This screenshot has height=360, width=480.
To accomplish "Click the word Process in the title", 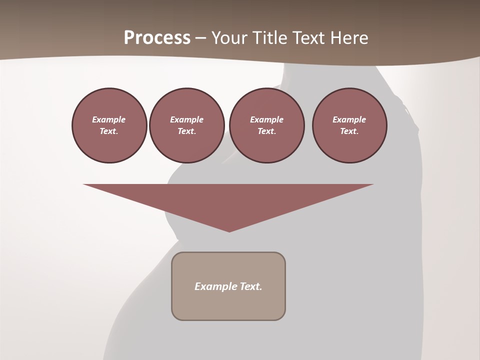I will coord(157,38).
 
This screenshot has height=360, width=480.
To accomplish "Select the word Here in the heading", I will coord(350,38).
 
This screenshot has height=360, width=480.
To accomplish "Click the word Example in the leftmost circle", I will coord(109,119).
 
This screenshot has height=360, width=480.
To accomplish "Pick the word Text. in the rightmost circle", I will coord(349,131).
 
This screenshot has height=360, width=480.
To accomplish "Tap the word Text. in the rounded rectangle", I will coord(251,286).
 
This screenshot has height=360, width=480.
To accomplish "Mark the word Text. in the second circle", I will coord(187,131).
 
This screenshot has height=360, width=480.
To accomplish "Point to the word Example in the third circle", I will coord(266,119).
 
